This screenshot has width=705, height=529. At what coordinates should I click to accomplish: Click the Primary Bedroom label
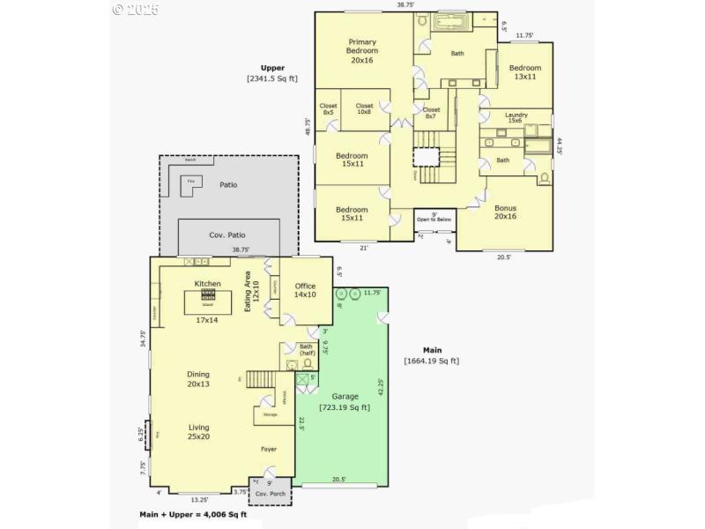point(361,51)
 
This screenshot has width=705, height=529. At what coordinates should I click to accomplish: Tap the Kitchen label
point(208,284)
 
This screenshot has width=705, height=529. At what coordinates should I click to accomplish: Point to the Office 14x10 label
point(305,290)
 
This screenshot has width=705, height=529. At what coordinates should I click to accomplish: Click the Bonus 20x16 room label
point(505,212)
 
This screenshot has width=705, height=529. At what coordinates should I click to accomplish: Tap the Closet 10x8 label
point(365,109)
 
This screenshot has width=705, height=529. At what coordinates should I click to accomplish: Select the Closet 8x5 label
point(328,109)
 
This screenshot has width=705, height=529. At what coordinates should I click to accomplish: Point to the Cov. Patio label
point(226,235)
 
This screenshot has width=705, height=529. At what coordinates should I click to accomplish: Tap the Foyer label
point(269,449)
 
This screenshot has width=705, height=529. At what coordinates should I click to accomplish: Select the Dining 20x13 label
point(198,379)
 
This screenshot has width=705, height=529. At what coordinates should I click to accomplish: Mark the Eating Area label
point(253,288)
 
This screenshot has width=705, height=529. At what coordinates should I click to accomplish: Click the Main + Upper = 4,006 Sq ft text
point(193,514)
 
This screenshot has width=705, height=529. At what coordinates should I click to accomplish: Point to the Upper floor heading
point(272,68)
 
